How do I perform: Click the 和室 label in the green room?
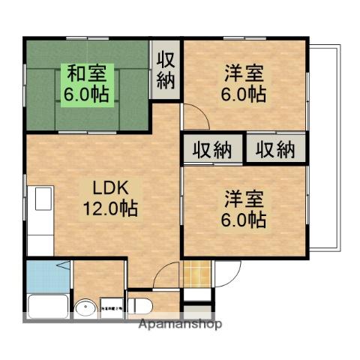pos(88,74)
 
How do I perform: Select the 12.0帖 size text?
pos(111,208)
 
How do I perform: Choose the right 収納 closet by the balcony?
pos(275,149)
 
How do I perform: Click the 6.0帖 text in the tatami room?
pos(88,94)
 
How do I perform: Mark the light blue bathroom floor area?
pos(46,277)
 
